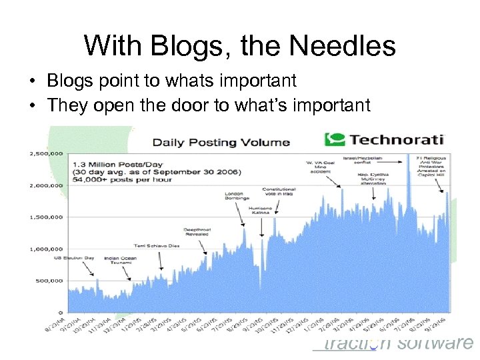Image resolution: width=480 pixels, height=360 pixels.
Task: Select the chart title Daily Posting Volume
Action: coord(221,141)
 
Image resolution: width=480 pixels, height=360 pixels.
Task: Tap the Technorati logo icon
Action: coord(335,139)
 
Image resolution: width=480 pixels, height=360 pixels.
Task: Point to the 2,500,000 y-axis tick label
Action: coord(46,153)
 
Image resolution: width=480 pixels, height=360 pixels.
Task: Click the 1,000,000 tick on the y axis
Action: coord(46,249)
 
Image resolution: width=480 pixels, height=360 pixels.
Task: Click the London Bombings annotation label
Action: coord(237,195)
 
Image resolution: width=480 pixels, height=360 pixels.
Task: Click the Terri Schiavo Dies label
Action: coord(156,245)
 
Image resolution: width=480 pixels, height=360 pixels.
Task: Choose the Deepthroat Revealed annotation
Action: coord(197,231)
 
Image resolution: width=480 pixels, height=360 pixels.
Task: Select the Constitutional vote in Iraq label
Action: coord(279,192)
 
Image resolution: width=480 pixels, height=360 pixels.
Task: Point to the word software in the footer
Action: coord(435,343)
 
